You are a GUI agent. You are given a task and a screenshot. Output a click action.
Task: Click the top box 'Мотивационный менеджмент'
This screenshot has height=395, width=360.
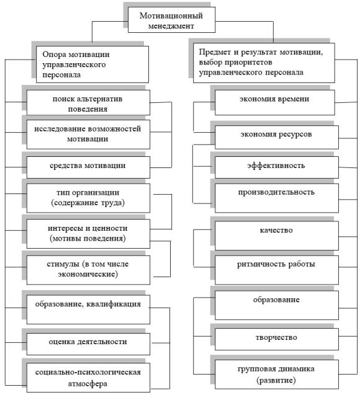coord(171,20)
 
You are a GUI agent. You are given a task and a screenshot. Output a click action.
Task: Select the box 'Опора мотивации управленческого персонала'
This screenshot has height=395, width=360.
coord(92,64)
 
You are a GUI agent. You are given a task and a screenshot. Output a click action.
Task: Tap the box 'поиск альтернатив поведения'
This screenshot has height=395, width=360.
coord(88,102)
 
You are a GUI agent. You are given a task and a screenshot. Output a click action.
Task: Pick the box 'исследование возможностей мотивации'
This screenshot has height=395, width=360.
coord(88,135)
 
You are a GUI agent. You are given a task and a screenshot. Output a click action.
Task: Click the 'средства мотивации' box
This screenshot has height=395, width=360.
coord(88,167)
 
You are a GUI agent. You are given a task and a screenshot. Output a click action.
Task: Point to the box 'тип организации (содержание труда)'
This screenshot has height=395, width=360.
coord(88,198)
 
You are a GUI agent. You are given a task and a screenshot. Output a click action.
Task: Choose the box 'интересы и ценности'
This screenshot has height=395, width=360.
coord(88,234)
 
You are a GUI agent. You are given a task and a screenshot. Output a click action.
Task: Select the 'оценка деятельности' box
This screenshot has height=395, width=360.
coord(88,344)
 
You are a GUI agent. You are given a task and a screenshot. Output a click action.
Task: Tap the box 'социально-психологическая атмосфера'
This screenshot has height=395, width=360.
coord(88,378)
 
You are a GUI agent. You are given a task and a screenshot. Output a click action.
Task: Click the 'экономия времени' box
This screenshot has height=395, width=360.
coord(275,102)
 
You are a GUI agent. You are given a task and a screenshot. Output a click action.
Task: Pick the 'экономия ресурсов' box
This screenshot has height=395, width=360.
coord(277,137)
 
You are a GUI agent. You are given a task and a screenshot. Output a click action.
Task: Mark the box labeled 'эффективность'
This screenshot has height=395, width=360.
coord(277,167)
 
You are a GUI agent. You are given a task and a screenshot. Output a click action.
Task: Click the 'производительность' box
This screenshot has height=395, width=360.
coord(277,198)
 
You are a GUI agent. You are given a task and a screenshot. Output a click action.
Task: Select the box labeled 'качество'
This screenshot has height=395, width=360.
coord(277,236)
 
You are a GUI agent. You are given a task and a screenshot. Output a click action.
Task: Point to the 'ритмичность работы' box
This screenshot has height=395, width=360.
coord(277,270)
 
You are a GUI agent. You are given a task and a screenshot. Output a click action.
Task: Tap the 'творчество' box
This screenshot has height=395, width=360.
coord(277,339)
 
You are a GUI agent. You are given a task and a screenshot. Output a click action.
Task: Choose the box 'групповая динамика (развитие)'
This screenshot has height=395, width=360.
coord(277,375)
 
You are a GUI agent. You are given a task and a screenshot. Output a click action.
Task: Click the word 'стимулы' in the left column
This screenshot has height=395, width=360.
coord(63,264)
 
